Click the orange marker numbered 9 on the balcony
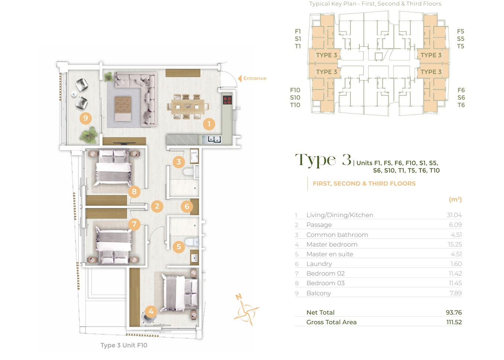pyautogui.click(x=85, y=118)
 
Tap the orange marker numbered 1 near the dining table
pyautogui.click(x=209, y=124)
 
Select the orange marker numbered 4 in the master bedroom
pyautogui.click(x=151, y=312)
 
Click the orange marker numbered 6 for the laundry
pyautogui.click(x=187, y=206)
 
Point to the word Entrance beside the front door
pyautogui.click(x=255, y=78)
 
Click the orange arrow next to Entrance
pyautogui.click(x=240, y=78)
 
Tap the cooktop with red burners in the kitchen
pyautogui.click(x=227, y=100)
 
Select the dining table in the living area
pyautogui.click(x=188, y=106)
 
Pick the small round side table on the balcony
pyautogui.click(x=74, y=94)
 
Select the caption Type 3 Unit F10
pyautogui.click(x=124, y=345)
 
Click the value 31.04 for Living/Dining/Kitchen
pyautogui.click(x=454, y=215)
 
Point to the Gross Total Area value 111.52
pyautogui.click(x=454, y=322)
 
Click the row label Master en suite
pyautogui.click(x=330, y=254)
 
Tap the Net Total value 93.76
pyautogui.click(x=454, y=312)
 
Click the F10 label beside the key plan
pyautogui.click(x=295, y=90)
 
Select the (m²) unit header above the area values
pyautogui.click(x=455, y=199)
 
